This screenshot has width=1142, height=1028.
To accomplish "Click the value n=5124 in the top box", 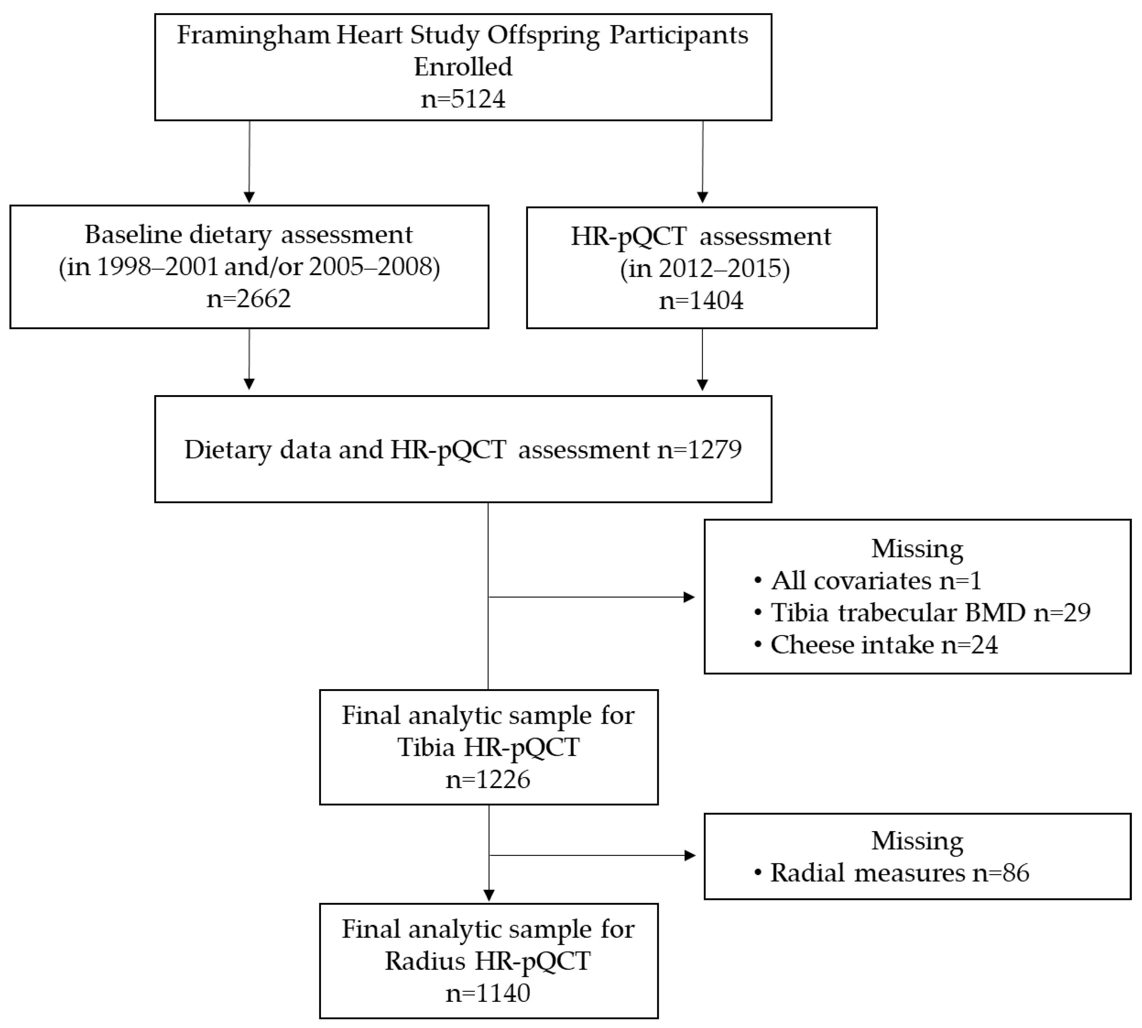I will (x=463, y=99).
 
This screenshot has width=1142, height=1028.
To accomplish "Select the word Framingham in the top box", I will (x=253, y=35).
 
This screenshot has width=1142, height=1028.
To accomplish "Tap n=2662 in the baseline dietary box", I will (x=249, y=298).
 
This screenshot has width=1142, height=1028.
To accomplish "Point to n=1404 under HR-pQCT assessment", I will (x=701, y=300).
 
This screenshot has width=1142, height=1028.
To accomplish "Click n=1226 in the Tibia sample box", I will (x=488, y=779).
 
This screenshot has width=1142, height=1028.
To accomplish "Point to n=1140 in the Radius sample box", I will (x=488, y=992).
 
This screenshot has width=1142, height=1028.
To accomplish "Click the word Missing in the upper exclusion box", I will (x=917, y=549).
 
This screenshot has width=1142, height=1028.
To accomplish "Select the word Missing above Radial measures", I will (x=917, y=841).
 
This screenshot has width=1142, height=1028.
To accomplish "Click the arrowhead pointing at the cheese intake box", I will (x=689, y=597).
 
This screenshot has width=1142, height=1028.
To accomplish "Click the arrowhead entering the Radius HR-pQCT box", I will (x=489, y=895).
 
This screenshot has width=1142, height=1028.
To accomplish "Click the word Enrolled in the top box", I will (x=463, y=67).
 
